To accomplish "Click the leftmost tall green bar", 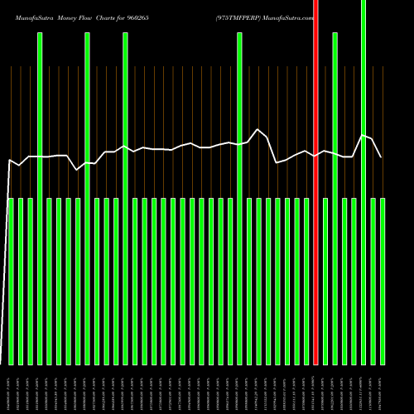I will [x=40, y=199].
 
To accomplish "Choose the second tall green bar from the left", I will [x=87, y=199].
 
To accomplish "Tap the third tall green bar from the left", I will [x=125, y=199].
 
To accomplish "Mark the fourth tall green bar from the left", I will [x=239, y=199].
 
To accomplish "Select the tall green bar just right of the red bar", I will [x=335, y=199].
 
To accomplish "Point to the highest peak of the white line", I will [x=258, y=129].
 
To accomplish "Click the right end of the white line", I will [x=381, y=156].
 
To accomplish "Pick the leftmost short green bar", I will [x=11, y=282].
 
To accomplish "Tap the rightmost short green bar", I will [x=382, y=282].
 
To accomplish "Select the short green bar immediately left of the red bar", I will [x=306, y=282].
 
